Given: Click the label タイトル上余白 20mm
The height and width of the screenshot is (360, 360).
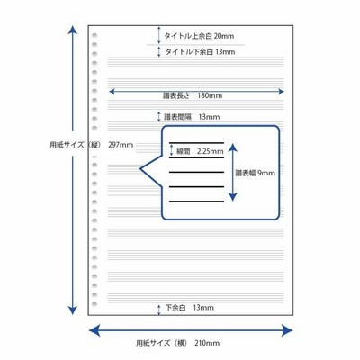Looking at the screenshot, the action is tap(199, 36).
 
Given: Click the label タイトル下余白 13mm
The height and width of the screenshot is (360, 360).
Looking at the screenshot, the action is tap(200, 52).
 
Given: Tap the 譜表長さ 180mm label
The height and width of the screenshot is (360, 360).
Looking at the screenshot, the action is tap(193, 95).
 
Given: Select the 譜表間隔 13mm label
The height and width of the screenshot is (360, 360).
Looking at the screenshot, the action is tap(192, 117).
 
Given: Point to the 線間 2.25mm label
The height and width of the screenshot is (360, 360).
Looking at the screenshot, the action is tap(200, 151).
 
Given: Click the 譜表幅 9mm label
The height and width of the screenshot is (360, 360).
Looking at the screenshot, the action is tap(255, 173).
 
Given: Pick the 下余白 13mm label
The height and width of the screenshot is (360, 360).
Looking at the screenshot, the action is tap(190, 308).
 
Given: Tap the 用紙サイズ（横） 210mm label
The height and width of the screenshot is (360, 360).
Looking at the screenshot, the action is tap(177, 343).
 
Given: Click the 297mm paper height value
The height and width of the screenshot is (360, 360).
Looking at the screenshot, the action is tap(121, 145).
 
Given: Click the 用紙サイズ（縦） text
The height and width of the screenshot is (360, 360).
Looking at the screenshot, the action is tap(76, 145).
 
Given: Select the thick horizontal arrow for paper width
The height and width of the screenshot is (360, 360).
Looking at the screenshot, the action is tap(191, 330).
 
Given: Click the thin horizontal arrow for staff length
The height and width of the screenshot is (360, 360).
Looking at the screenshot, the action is tap(196, 91).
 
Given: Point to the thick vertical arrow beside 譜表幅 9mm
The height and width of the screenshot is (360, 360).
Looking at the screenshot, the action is tap(233, 172).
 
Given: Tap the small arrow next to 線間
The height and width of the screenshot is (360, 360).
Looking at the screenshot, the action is tap(172, 149).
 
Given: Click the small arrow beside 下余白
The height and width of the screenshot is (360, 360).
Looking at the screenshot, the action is tap(159, 310).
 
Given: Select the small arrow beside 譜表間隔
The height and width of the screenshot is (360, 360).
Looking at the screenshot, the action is tap(159, 117).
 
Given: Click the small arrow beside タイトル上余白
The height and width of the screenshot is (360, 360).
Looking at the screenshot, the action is tap(159, 35).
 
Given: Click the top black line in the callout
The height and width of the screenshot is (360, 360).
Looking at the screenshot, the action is tap(196, 143).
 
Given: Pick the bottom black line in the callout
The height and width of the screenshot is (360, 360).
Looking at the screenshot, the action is tap(196, 202).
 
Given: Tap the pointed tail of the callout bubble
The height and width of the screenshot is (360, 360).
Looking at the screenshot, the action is tap(141, 169).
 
